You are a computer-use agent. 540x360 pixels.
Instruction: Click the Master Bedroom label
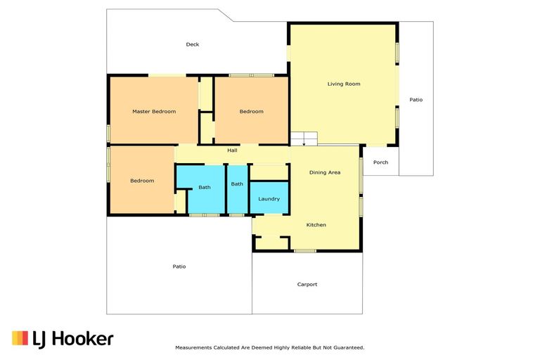154,111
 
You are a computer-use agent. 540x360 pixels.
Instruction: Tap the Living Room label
344,84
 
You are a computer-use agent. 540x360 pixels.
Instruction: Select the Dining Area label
325,172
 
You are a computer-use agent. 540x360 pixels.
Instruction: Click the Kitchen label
316,225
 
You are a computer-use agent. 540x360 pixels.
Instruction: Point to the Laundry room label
269,199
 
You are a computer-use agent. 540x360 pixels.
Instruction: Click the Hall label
232,150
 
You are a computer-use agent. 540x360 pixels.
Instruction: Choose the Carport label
307,285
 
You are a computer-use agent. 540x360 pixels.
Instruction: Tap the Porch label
380,162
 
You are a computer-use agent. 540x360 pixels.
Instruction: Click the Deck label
192,44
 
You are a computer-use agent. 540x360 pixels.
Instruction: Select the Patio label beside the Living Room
416,100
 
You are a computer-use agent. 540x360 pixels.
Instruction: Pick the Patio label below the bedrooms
179,266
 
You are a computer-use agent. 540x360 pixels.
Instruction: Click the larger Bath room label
204,187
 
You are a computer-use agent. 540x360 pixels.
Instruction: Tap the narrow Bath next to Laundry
237,184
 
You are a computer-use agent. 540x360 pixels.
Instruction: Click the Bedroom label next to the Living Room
251,111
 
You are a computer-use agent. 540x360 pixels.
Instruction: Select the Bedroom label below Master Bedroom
141,181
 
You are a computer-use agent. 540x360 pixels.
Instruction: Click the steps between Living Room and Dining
304,139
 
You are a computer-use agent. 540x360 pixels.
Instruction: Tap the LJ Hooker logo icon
20,338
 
